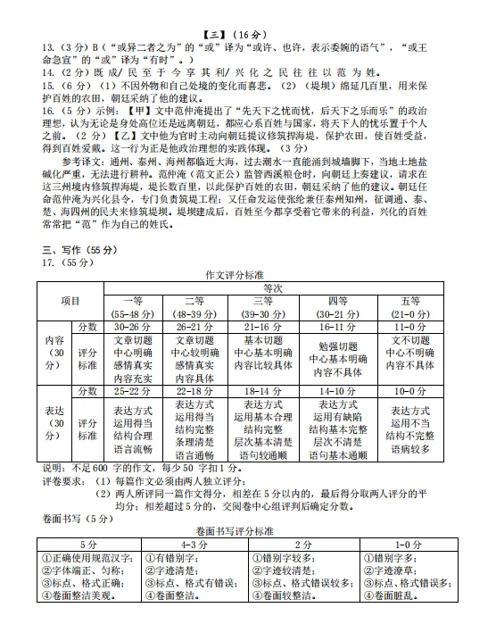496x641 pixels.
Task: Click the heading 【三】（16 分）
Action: (247, 8)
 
